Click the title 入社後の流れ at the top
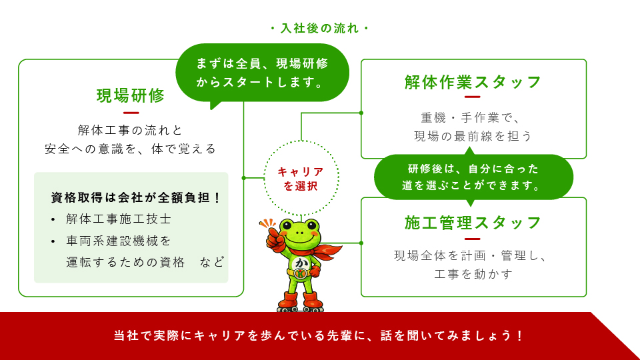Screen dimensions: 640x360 click(x=319, y=29)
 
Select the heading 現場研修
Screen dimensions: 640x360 click(x=131, y=96)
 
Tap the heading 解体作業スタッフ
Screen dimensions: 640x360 click(x=473, y=82)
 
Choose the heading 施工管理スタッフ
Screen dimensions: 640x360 click(x=473, y=223)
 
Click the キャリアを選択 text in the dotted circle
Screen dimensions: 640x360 click(x=301, y=179)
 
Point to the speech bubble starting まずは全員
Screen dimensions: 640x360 click(x=262, y=73)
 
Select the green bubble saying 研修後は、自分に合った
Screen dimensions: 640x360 click(x=473, y=177)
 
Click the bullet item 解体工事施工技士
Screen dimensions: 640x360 click(x=119, y=219)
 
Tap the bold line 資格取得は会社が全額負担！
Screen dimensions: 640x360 click(x=136, y=197)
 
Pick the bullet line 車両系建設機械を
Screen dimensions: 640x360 click(x=119, y=241)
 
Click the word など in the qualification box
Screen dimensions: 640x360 click(x=212, y=262)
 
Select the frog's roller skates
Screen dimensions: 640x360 click(x=301, y=303)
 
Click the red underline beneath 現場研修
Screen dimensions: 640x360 click(x=131, y=113)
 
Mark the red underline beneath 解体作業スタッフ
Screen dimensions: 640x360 click(x=472, y=97)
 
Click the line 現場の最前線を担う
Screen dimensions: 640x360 click(x=473, y=136)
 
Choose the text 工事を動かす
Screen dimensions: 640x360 click(x=473, y=274)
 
